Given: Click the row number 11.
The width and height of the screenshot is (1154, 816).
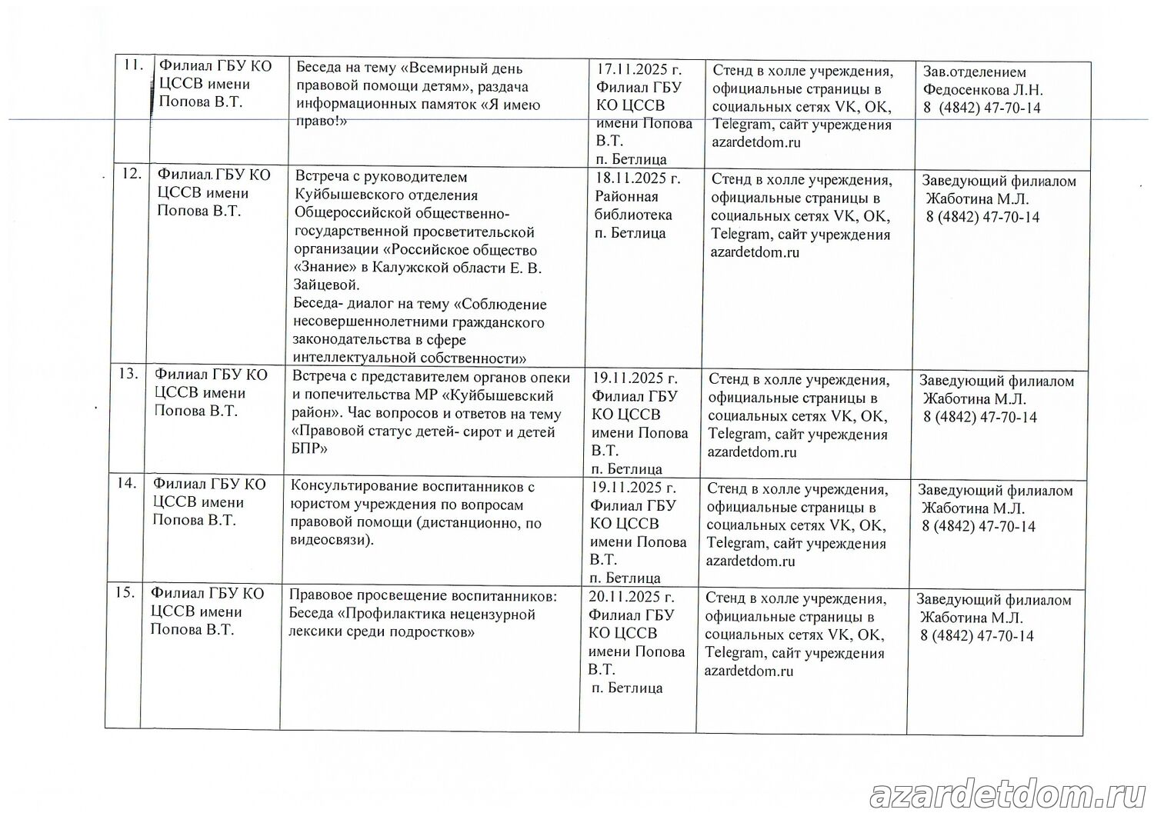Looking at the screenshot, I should [x=134, y=65].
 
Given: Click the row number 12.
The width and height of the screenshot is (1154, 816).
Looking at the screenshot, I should [x=132, y=174].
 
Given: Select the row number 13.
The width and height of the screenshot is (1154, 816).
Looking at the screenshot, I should [x=128, y=374].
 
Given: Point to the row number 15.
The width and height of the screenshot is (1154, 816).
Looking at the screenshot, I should [x=125, y=593].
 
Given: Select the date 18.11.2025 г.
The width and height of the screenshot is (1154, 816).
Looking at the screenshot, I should [x=638, y=179].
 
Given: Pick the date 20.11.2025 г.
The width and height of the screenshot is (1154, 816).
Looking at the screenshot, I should [x=632, y=597].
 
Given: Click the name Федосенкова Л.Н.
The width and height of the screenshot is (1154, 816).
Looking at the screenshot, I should [x=983, y=90].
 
